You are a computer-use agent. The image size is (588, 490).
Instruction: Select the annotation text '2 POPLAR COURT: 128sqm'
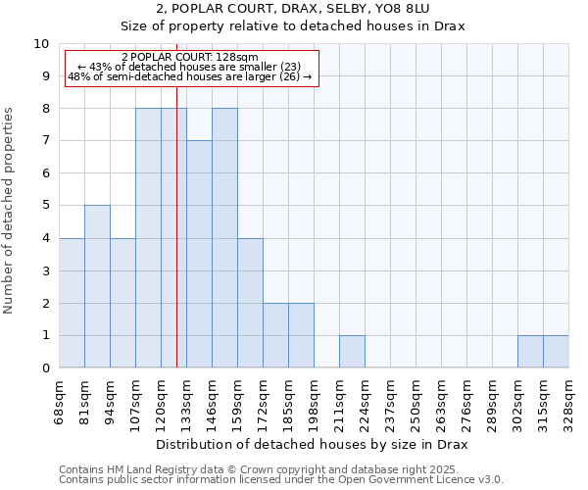pyautogui.click(x=191, y=57)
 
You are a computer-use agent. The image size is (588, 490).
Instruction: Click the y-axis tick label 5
pyautogui.click(x=45, y=206)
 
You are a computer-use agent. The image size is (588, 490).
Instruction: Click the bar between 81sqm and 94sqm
pyautogui.click(x=97, y=286)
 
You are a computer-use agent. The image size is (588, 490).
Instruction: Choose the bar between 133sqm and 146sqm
pyautogui.click(x=199, y=254)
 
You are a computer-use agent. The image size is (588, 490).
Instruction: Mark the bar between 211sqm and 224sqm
pyautogui.click(x=352, y=351)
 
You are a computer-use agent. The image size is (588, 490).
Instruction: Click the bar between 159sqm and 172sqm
pyautogui.click(x=250, y=303)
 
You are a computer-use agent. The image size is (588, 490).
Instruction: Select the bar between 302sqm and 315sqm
pyautogui.click(x=530, y=351)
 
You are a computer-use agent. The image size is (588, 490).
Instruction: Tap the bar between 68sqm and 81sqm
pyautogui.click(x=72, y=303)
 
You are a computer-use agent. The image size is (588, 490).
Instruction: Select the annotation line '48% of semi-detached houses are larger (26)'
pyautogui.click(x=191, y=76)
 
